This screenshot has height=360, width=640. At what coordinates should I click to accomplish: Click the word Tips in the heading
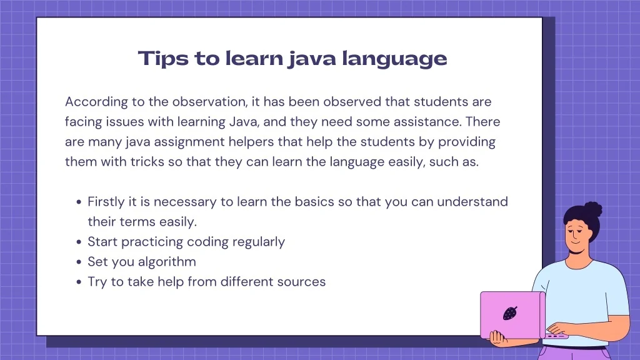click(x=163, y=58)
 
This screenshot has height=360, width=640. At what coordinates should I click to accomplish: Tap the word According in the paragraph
click(x=96, y=102)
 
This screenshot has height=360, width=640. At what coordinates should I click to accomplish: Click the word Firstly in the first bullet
click(x=106, y=202)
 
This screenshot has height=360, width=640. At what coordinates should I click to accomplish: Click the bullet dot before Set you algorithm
click(x=79, y=262)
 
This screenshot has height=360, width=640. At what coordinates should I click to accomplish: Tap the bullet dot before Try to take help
click(x=79, y=282)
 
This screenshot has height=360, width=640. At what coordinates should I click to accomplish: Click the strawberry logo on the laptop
click(x=510, y=313)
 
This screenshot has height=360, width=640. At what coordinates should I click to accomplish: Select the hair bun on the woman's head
click(x=593, y=209)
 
